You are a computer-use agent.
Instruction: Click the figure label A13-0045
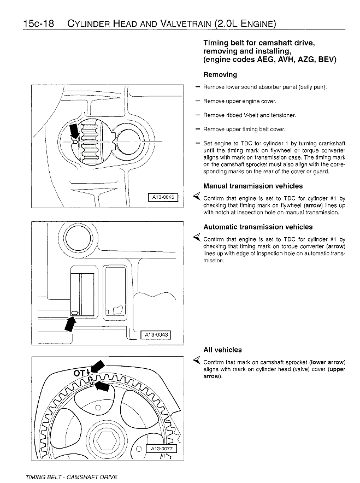[163, 198]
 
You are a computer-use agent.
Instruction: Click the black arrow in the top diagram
[73, 132]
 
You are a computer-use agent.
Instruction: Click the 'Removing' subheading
[220, 74]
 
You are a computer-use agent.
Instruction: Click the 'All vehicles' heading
[222, 350]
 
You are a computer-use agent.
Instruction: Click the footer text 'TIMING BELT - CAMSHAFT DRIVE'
[71, 477]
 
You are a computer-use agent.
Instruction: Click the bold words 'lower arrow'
[327, 362]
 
